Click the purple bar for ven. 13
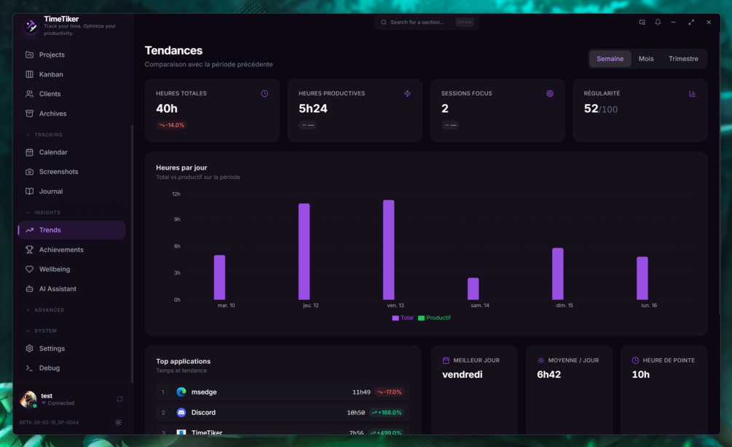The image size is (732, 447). coord(388,250)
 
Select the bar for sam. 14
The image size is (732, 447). coord(473,289)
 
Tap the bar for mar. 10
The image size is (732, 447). coord(219,277)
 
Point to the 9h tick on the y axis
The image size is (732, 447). coord(176,219)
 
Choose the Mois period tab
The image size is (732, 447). coord(646,59)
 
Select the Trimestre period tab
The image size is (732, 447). coord(683,59)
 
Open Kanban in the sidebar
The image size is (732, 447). coord(51,74)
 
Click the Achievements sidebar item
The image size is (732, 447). coord(61,250)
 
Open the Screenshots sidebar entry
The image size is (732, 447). coord(58,172)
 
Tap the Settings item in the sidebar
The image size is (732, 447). coord(52,349)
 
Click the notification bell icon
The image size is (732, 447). coord(658,23)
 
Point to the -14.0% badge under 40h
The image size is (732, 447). coord(172,125)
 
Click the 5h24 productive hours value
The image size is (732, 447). coord(313,108)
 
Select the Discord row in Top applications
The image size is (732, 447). coord(283,413)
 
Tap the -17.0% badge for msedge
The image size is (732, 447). coord(390,392)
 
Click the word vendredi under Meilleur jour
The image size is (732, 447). coord(463,375)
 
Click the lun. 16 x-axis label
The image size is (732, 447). coord(649,306)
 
